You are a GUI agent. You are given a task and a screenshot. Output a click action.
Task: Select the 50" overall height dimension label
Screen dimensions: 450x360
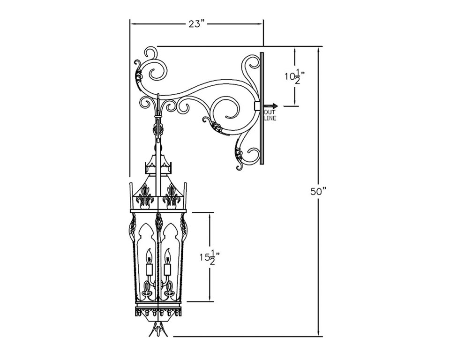click(x=318, y=191)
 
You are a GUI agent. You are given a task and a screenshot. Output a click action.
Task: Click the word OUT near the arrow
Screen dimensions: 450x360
click(x=270, y=112)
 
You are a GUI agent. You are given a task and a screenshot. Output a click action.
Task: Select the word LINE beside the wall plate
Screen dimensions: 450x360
click(x=270, y=119)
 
